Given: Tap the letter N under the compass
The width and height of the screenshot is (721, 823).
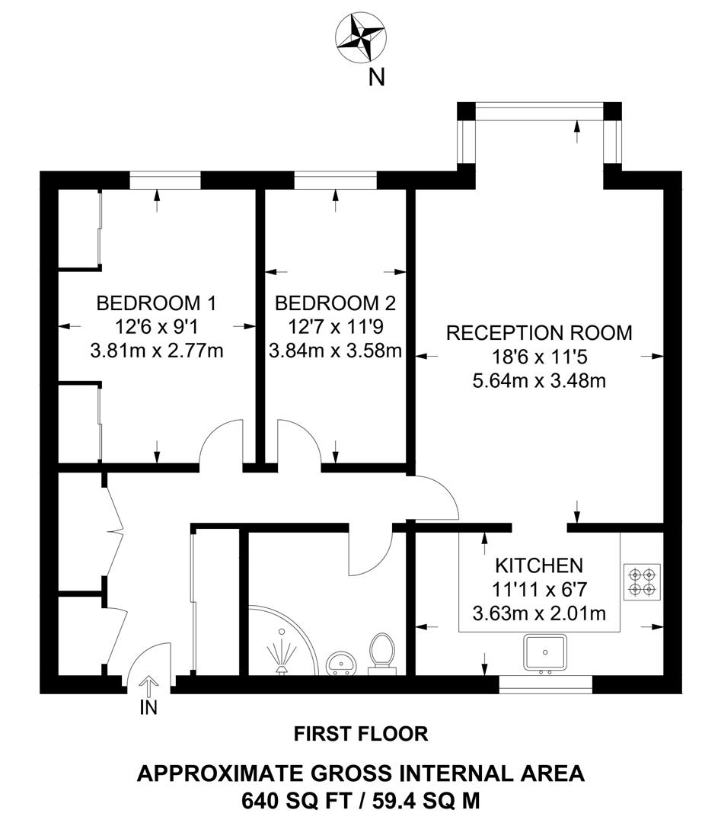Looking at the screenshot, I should click(376, 77).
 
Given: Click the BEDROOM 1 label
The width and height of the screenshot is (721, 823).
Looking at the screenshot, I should click(156, 303).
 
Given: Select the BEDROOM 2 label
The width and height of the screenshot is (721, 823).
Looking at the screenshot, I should click(335, 303).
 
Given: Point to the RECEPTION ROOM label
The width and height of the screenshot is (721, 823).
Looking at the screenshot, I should click(539, 333).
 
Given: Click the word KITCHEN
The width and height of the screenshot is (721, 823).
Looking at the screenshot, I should click(539, 565).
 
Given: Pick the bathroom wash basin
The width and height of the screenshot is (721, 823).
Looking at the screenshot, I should click(340, 664).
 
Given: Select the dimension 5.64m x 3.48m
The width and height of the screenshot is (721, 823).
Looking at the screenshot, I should click(539, 380).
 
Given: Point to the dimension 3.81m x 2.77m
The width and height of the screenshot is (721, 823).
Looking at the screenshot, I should click(156, 351).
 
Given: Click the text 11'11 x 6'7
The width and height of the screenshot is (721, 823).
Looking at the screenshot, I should click(539, 589).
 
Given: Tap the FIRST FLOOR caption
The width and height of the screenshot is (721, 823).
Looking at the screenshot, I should click(361, 734).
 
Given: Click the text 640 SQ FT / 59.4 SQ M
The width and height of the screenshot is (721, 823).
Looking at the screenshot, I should click(361, 801).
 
